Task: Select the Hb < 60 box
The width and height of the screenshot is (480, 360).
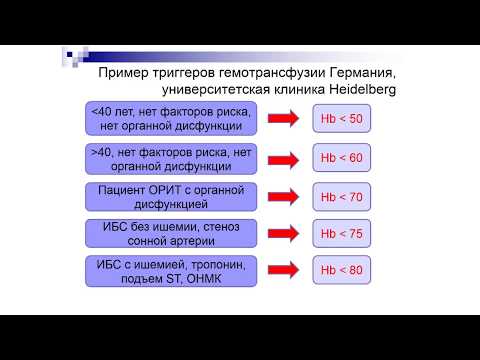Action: point(341,159)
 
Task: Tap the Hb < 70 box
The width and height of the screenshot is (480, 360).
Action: point(341,197)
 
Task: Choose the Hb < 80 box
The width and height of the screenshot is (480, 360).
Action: point(341,271)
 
